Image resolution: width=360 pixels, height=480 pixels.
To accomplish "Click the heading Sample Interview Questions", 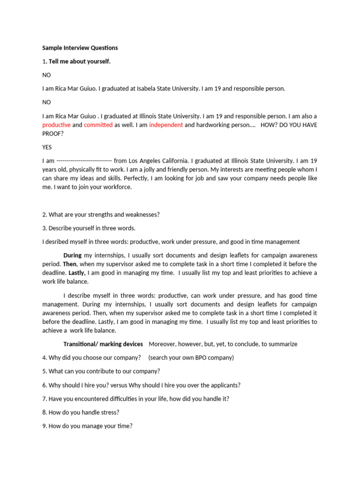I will click(x=80, y=48).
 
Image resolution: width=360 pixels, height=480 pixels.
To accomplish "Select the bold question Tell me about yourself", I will click(x=80, y=61).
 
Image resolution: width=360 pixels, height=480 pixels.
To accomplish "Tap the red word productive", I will click(x=56, y=125).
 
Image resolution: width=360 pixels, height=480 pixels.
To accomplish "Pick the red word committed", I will click(x=98, y=125).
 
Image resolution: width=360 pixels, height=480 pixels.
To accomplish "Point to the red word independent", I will click(x=166, y=125).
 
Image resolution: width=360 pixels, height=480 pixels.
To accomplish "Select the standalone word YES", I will click(x=47, y=147).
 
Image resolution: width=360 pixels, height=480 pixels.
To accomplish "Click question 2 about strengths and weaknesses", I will click(x=101, y=215).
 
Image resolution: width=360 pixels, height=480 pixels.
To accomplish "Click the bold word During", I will click(x=72, y=255).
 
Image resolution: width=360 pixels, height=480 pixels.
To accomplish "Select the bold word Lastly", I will click(x=77, y=273).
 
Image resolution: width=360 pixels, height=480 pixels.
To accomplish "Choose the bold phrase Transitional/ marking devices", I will click(x=103, y=344).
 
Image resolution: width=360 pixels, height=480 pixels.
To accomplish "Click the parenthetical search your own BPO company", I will click(x=191, y=358).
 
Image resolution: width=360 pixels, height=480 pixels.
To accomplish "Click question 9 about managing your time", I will click(x=87, y=426).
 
